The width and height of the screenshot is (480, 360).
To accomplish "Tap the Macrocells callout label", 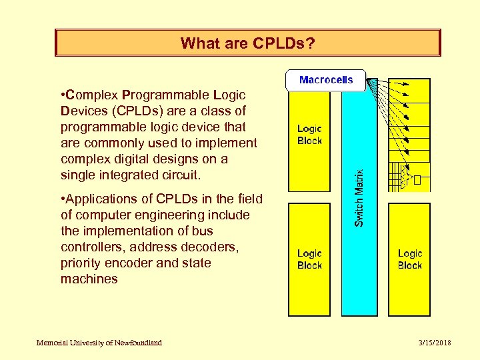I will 326,80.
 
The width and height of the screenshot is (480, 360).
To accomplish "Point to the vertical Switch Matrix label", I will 359,197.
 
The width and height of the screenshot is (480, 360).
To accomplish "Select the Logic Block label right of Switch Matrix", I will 409,259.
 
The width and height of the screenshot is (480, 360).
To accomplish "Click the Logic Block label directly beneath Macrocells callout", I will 309,135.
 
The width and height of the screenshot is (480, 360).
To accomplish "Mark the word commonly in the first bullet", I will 108,143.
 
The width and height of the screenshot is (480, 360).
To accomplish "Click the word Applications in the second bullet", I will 100,199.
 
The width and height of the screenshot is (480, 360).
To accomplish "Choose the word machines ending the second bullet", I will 89,279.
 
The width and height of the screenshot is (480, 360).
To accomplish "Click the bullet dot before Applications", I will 63,199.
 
